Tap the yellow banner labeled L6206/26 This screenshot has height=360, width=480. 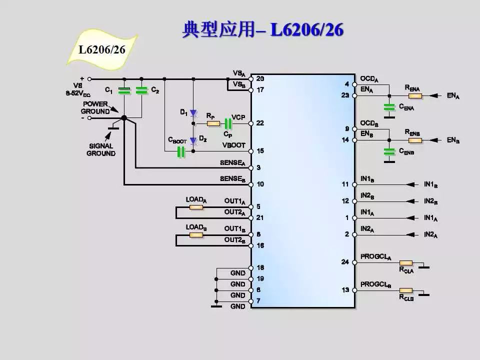[x=101, y=49]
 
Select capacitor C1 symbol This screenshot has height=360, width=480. [x=123, y=90]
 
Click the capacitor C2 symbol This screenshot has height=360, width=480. [x=142, y=90]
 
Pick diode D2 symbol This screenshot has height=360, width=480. [x=193, y=140]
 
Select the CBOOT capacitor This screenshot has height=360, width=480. [x=181, y=151]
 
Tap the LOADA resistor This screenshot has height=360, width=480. [x=196, y=206]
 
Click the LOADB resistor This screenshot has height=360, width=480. [x=196, y=234]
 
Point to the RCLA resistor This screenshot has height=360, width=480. [x=405, y=262]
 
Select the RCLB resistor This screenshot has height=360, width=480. [x=405, y=290]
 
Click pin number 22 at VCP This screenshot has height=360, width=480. [x=260, y=123]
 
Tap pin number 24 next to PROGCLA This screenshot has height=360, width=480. [x=345, y=262]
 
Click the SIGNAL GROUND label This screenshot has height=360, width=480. [x=101, y=150]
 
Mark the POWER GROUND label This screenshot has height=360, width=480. [x=95, y=107]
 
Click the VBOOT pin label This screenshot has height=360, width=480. [x=234, y=145]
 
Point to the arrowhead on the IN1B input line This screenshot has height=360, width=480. [x=411, y=184]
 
